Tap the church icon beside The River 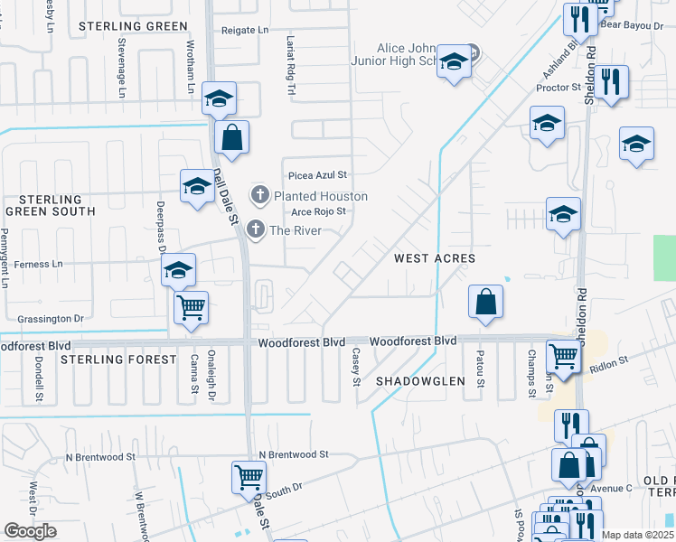[x=256, y=230]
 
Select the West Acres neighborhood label [x=435, y=258]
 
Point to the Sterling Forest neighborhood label [x=118, y=360]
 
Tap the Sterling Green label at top [x=132, y=26]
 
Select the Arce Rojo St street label [x=319, y=212]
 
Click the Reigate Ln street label [x=246, y=30]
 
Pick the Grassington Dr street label [x=51, y=319]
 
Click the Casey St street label [x=356, y=366]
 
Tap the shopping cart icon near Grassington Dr [x=192, y=307]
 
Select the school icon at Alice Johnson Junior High [x=454, y=61]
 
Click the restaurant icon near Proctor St [x=612, y=83]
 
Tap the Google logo [x=31, y=531]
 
